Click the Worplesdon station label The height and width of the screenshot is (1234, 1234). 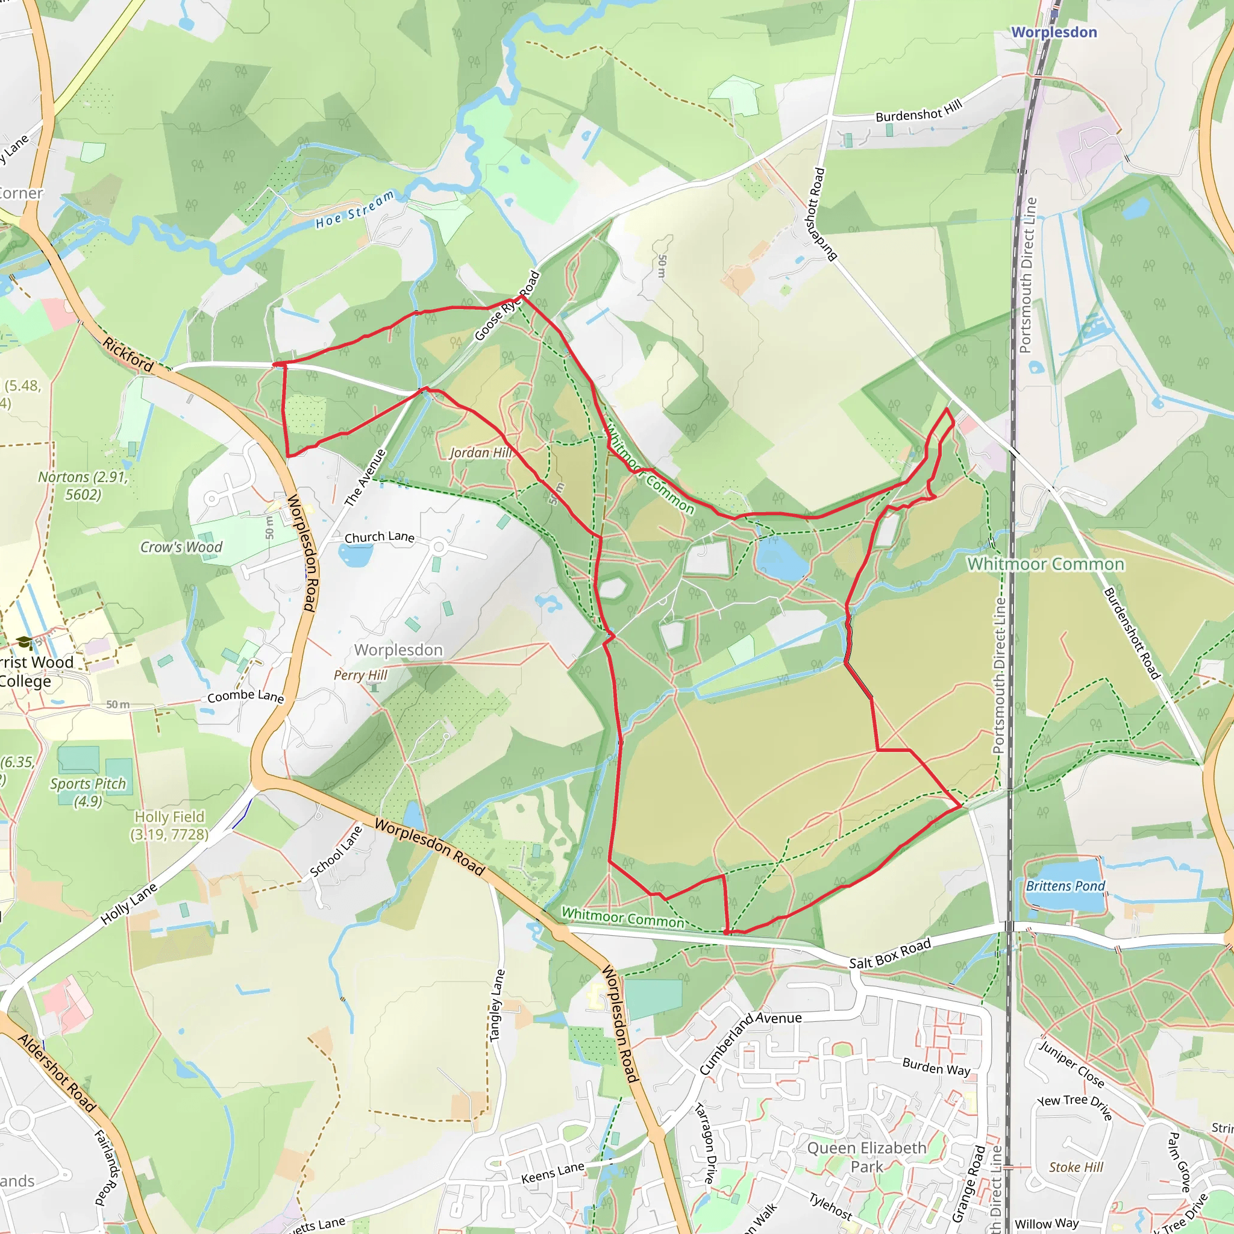(1054, 32)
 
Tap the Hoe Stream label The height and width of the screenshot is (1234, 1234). (354, 210)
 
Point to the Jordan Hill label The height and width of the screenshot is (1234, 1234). (480, 453)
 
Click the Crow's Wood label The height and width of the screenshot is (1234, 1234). (181, 547)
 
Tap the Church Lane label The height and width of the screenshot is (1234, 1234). (380, 537)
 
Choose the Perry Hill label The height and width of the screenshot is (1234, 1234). (360, 675)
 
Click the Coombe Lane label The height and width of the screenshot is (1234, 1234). (245, 696)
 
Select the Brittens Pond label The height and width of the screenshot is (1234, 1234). (1065, 886)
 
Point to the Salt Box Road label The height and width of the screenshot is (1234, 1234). (890, 954)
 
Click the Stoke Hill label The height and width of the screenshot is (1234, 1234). (1076, 1167)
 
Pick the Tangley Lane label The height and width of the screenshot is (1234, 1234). (497, 1006)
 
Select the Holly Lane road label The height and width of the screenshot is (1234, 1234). (129, 904)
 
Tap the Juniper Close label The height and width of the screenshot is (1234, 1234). (1071, 1063)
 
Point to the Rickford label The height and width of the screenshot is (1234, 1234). (128, 355)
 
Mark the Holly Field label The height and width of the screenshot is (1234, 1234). (169, 825)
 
